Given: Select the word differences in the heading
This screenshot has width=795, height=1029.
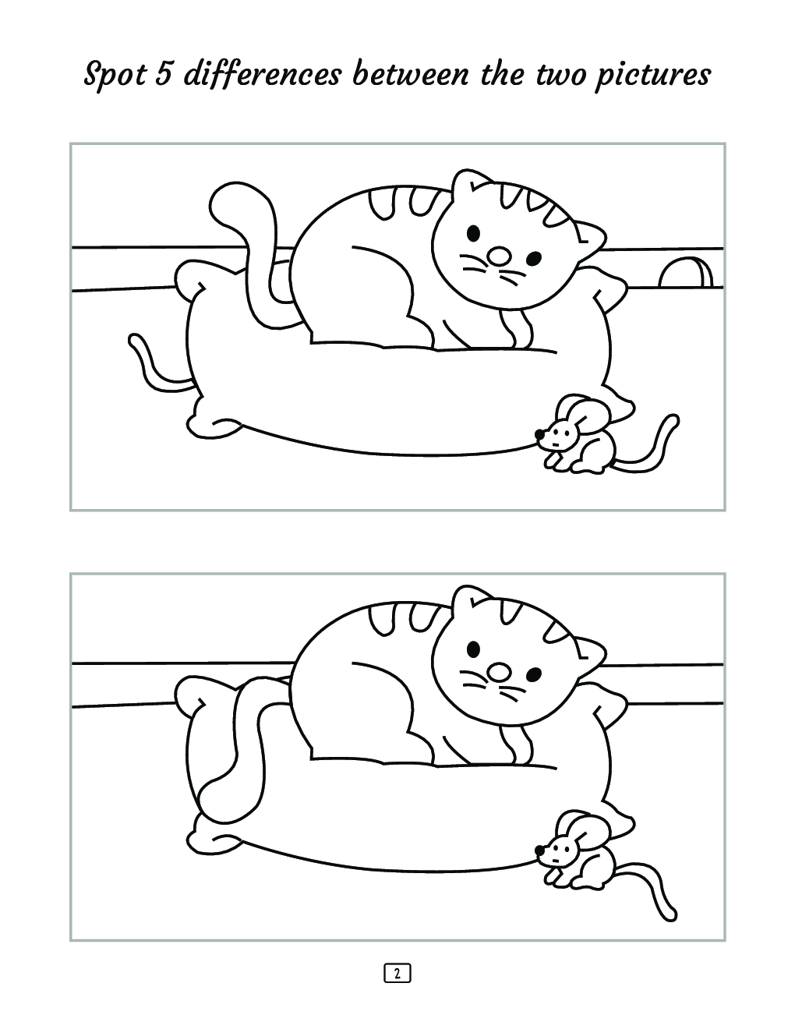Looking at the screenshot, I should [x=263, y=76].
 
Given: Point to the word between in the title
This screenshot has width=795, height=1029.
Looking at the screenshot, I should [x=411, y=75].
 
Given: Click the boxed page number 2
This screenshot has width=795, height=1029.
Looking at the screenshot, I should [x=397, y=973].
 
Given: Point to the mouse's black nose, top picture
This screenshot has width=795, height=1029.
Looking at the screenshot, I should [x=539, y=433].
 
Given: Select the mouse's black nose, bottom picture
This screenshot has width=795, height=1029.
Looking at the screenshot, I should [x=539, y=848].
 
